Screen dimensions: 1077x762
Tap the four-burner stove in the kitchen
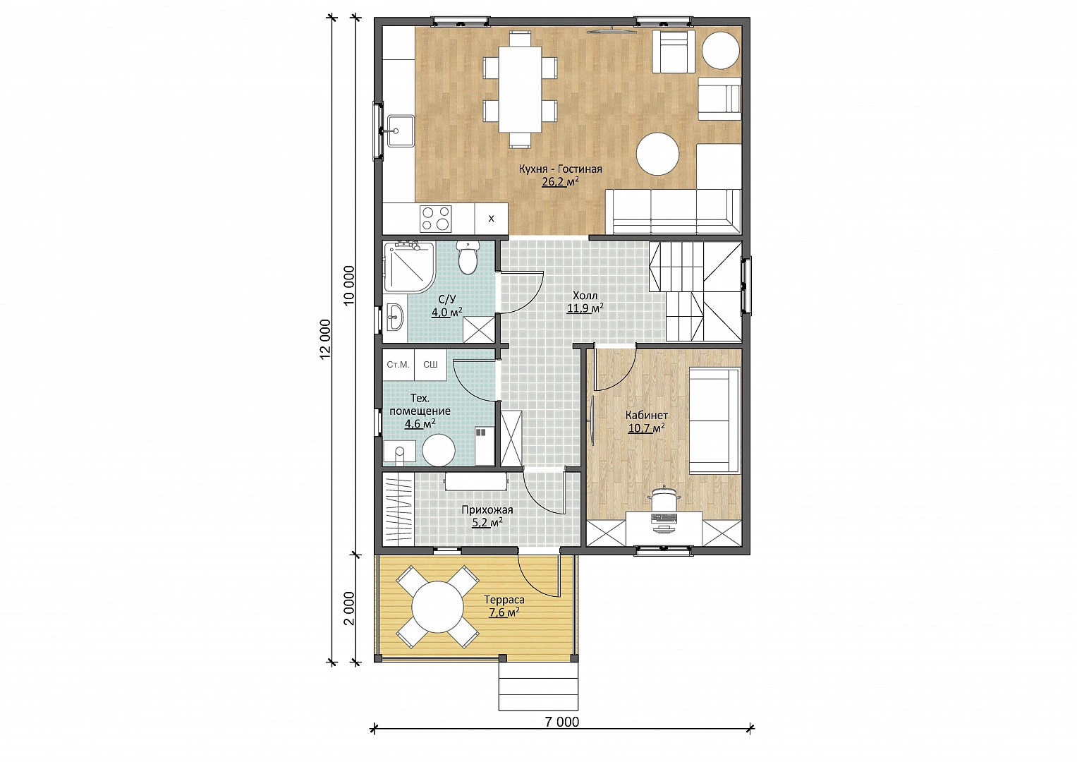436,219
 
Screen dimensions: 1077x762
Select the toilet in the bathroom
468,258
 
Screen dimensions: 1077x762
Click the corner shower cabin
410,267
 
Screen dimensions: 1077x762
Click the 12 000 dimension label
325,339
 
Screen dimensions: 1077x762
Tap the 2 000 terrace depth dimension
349,608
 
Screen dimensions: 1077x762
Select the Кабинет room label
646,415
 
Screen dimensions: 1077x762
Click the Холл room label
585,296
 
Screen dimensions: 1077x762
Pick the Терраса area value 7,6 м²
504,612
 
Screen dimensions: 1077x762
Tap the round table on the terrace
438,607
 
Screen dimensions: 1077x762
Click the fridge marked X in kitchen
491,219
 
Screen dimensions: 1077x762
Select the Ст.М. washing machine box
398,365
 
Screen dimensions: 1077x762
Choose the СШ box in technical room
430,365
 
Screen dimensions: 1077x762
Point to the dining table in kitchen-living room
520,89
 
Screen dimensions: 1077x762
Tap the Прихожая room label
487,510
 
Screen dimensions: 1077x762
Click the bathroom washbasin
395,317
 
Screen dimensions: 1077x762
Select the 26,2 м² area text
560,181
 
